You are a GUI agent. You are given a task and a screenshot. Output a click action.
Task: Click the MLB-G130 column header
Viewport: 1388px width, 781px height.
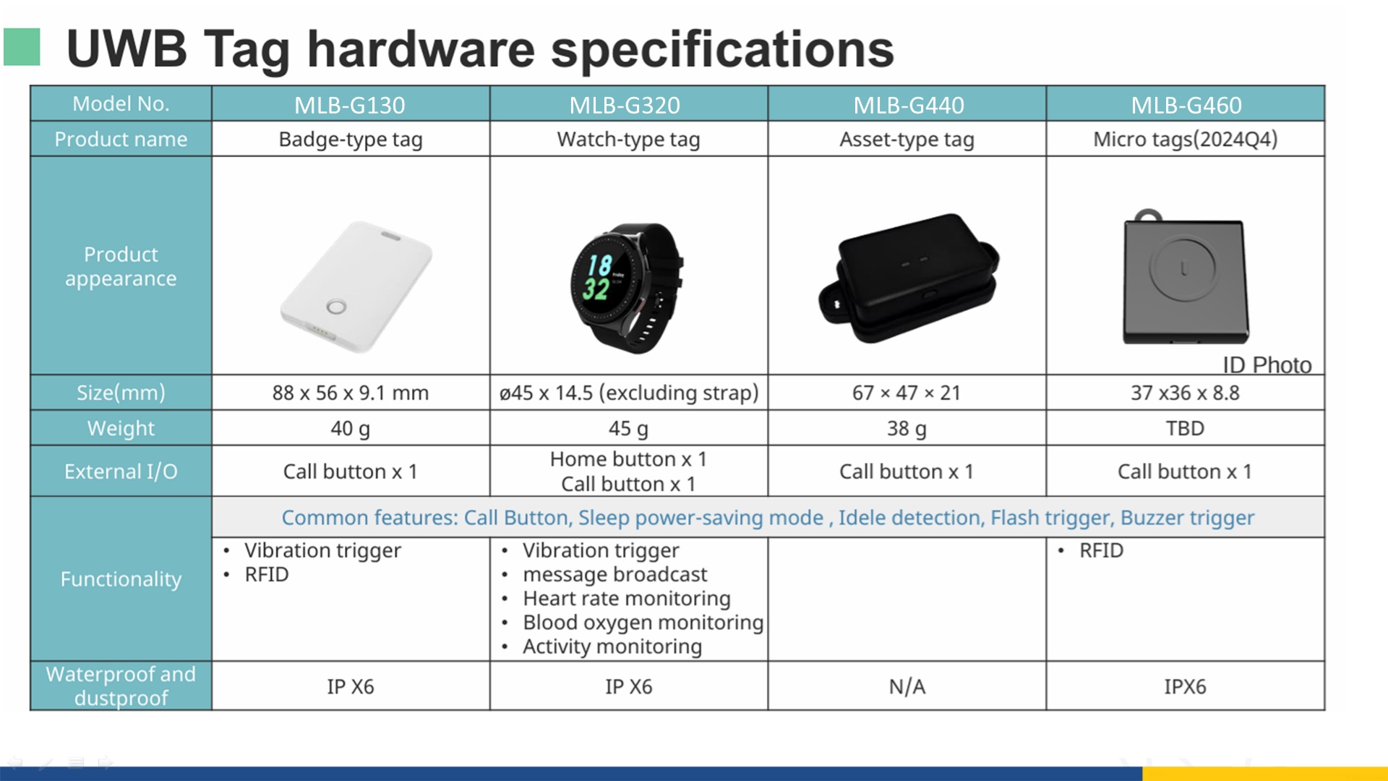click(350, 105)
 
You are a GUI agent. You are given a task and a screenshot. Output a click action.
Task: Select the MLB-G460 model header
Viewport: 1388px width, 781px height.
click(1186, 105)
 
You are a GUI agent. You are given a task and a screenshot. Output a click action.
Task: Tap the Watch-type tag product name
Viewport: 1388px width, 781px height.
click(628, 140)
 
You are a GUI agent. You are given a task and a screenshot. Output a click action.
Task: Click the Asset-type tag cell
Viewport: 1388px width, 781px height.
click(907, 140)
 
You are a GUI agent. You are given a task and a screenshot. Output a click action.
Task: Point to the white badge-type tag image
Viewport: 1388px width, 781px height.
click(356, 286)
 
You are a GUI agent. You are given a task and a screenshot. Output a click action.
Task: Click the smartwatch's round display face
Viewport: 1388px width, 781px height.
click(601, 277)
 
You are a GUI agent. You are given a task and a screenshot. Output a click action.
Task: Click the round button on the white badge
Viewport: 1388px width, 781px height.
click(336, 307)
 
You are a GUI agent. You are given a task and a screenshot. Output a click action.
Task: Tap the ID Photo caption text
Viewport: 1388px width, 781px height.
click(1267, 365)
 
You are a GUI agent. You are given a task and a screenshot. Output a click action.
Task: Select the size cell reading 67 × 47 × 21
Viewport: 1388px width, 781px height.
click(907, 393)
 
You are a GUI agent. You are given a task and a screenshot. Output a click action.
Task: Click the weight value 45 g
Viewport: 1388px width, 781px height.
click(628, 429)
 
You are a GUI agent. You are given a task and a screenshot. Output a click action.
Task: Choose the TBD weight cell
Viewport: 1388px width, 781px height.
click(1185, 428)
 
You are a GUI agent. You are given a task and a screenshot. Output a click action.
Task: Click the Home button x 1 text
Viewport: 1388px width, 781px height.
click(628, 459)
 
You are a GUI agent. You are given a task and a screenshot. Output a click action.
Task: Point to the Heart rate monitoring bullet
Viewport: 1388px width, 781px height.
click(627, 599)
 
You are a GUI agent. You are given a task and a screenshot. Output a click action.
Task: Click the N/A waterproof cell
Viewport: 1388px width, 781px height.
click(907, 686)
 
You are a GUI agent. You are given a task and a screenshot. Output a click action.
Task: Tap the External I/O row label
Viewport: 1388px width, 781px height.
click(121, 471)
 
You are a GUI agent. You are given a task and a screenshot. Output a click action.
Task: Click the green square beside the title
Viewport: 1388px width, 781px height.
click(22, 47)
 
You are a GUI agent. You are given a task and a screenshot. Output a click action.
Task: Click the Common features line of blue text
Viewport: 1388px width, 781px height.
click(768, 518)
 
